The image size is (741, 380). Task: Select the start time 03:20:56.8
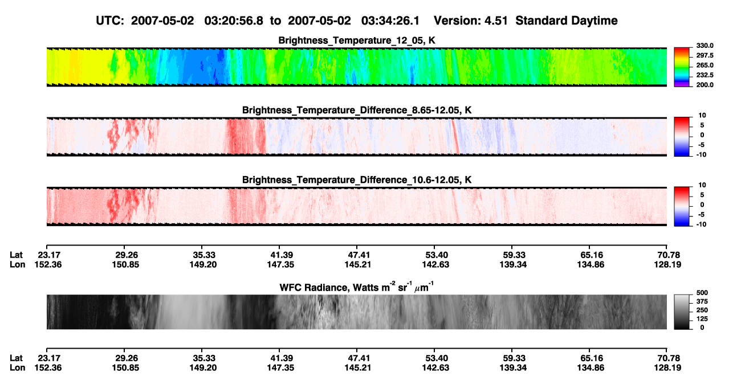pyautogui.click(x=234, y=21)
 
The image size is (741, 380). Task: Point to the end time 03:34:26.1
pyautogui.click(x=390, y=21)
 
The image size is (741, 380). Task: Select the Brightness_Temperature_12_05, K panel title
pyautogui.click(x=357, y=40)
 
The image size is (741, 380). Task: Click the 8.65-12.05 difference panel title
pyautogui.click(x=357, y=110)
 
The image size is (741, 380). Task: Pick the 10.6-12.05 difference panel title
pyautogui.click(x=357, y=180)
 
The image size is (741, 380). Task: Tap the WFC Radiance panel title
pyautogui.click(x=357, y=287)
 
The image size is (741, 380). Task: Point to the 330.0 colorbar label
pyautogui.click(x=705, y=46)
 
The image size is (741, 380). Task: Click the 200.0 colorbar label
pyautogui.click(x=705, y=85)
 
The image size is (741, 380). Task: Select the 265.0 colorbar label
pyautogui.click(x=705, y=65)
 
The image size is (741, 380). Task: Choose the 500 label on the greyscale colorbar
pyautogui.click(x=702, y=293)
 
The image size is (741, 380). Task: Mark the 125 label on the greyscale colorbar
pyautogui.click(x=702, y=319)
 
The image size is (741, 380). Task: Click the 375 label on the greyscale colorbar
pyautogui.click(x=702, y=301)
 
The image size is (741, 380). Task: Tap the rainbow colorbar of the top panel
pyautogui.click(x=682, y=67)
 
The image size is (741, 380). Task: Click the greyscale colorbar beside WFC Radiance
pyautogui.click(x=682, y=312)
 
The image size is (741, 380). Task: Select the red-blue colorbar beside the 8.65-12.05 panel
pyautogui.click(x=682, y=137)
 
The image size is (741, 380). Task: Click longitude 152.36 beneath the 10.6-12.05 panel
pyautogui.click(x=48, y=264)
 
